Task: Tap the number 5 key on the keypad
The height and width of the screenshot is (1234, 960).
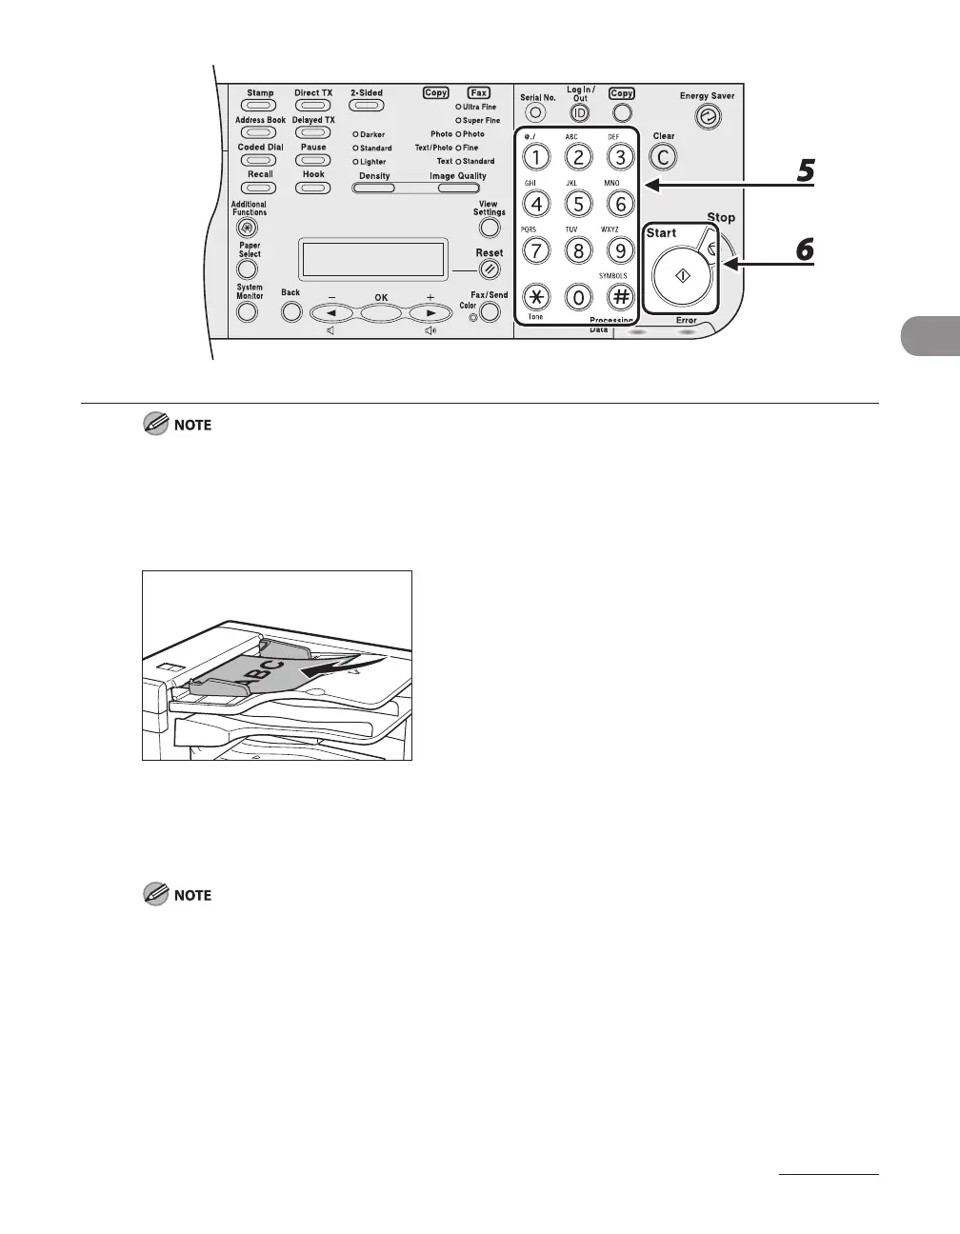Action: [578, 203]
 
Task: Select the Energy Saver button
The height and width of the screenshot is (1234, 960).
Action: [709, 117]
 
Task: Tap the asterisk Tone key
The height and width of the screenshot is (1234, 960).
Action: [536, 296]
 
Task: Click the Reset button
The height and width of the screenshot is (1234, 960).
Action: [490, 269]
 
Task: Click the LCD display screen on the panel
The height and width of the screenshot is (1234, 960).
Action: [372, 258]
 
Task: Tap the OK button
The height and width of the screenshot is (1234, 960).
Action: [381, 311]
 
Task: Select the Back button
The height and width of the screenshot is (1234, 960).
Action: [290, 310]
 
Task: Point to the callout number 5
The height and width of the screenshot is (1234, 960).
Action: [805, 171]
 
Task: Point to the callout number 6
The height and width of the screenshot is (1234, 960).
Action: [805, 249]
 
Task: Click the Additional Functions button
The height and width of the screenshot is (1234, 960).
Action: [248, 228]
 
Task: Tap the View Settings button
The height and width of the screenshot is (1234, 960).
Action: [490, 228]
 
